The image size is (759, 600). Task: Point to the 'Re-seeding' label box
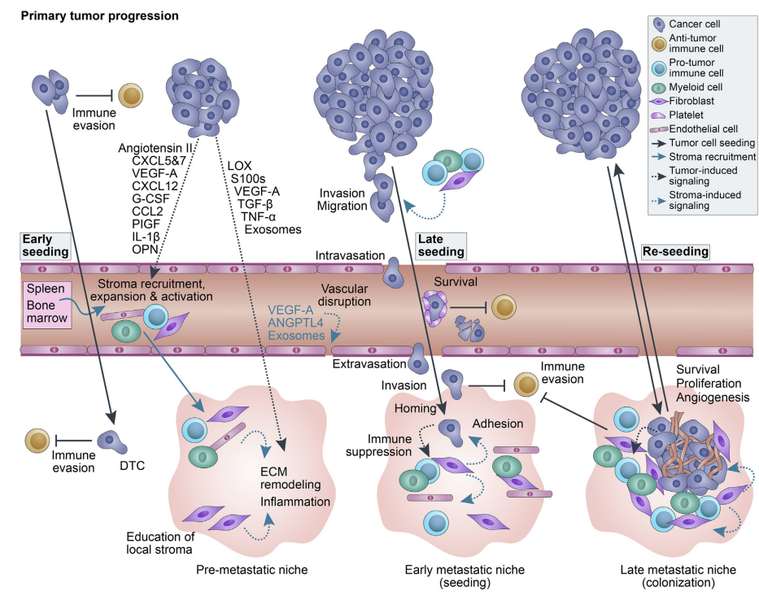(675, 252)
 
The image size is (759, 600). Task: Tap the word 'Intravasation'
(350, 255)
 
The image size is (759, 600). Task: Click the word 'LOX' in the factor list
(241, 166)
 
